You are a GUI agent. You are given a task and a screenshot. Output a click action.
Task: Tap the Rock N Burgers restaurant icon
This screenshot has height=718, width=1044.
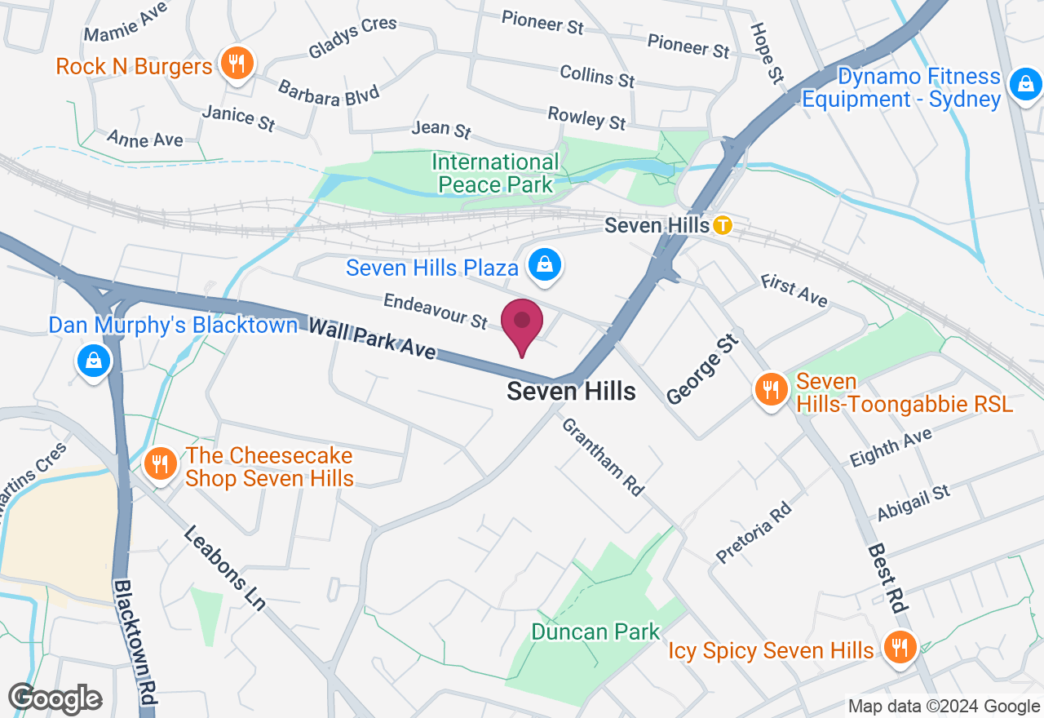pyautogui.click(x=237, y=64)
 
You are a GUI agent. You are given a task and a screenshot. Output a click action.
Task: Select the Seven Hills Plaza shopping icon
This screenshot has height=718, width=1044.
pyautogui.click(x=544, y=265)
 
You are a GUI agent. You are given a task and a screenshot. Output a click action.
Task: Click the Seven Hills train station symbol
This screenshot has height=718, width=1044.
pyautogui.click(x=722, y=225)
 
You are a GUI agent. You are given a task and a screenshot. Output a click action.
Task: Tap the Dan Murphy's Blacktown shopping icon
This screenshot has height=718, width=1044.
pyautogui.click(x=94, y=360)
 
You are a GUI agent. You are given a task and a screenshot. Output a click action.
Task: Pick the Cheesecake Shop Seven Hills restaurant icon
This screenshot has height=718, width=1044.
pyautogui.click(x=160, y=464)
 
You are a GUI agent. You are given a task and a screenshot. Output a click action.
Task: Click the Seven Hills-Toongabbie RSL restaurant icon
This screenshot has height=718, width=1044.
pyautogui.click(x=770, y=389)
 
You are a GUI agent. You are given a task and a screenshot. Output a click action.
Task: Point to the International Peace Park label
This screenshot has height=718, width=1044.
pyautogui.click(x=495, y=173)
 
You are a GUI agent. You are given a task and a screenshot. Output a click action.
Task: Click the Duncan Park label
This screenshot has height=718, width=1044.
pyautogui.click(x=595, y=632)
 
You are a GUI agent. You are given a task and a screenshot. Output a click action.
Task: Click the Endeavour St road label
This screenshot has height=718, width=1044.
pyautogui.click(x=435, y=311)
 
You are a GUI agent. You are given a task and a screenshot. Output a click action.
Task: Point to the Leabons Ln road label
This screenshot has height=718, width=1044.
pyautogui.click(x=224, y=568)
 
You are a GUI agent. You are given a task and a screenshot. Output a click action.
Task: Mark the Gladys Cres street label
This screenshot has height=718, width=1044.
pyautogui.click(x=352, y=38)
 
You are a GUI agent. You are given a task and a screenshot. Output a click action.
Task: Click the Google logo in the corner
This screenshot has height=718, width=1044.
pyautogui.click(x=55, y=699)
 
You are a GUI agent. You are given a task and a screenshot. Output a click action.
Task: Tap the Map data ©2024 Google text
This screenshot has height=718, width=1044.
pyautogui.click(x=943, y=707)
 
